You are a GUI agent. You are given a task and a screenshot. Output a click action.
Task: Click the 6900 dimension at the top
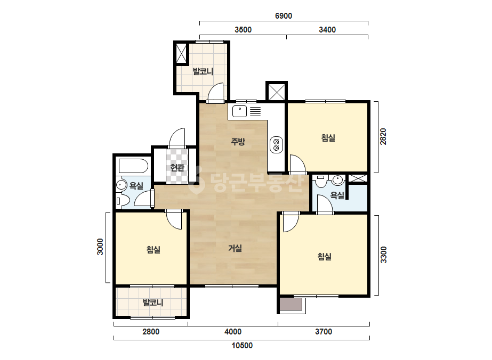click(284, 15)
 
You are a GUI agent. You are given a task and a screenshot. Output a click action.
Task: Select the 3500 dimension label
click(243, 30)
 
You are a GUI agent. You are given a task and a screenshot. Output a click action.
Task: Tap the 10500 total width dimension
click(242, 346)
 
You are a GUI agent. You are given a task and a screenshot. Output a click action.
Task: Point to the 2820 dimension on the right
click(383, 137)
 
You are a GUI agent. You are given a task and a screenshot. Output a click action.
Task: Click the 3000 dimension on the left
click(100, 247)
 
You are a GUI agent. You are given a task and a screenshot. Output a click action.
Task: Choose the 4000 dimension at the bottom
click(233, 332)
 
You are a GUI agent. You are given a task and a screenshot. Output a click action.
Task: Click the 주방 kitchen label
click(238, 142)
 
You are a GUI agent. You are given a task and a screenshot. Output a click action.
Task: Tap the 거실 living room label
click(235, 248)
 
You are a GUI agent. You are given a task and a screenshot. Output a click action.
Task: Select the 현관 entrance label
click(177, 168)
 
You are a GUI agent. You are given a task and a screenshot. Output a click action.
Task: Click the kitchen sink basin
click(239, 112)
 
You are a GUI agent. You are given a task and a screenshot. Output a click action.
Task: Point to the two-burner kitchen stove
click(277, 145)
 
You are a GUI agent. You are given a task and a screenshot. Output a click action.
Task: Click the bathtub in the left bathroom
click(133, 166)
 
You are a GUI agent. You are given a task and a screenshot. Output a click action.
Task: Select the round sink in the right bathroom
click(337, 180)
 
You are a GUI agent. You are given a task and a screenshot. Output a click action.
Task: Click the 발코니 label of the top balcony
click(203, 71)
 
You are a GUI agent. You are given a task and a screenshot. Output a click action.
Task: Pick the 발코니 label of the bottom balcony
click(153, 303)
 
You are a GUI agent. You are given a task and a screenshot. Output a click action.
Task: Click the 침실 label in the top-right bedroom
click(328, 138)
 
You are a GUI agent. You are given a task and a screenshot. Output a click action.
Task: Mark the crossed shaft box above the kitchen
click(277, 92)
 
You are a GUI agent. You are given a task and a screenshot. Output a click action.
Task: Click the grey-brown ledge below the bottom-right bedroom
click(291, 305)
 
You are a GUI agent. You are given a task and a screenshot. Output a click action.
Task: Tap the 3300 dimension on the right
click(383, 255)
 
